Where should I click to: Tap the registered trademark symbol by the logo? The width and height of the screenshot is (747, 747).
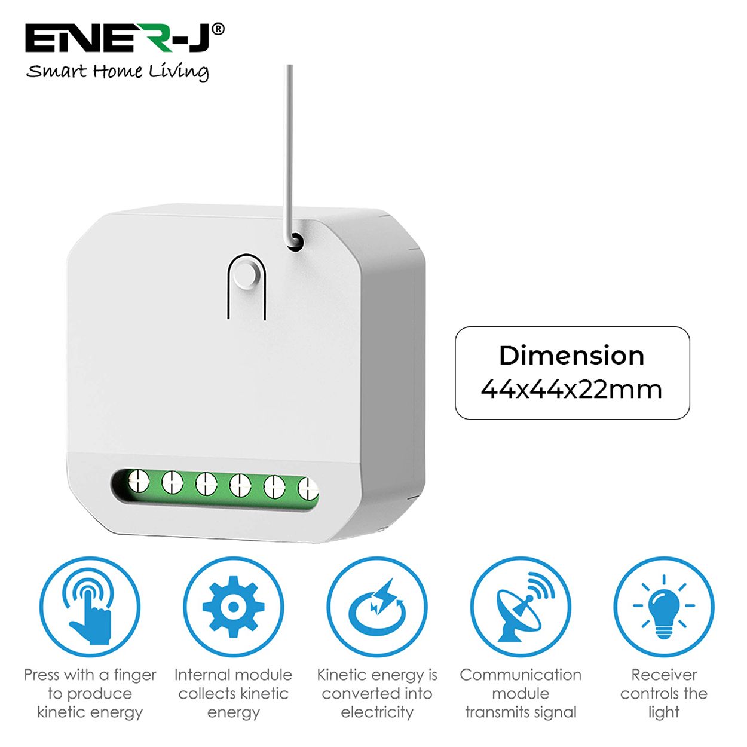point(218,29)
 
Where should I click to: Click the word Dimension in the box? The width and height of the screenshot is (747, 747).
point(571,356)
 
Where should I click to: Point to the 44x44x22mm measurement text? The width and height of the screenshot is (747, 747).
point(571,390)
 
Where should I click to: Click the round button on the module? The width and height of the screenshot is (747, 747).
point(245,275)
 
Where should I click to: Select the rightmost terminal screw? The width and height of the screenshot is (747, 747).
point(308,489)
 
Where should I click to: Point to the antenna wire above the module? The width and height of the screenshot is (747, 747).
point(289,137)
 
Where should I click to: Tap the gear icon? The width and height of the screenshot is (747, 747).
point(234,607)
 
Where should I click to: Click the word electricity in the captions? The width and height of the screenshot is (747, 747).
point(377,712)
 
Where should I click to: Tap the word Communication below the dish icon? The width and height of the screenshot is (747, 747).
point(521,675)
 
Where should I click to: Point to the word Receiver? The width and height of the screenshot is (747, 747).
point(664,675)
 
